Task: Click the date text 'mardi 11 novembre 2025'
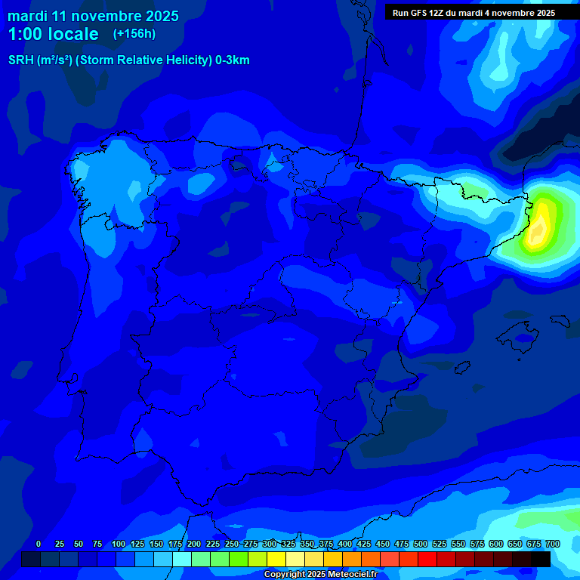(x=93, y=16)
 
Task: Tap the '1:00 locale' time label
(x=53, y=34)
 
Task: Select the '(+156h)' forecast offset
(x=134, y=34)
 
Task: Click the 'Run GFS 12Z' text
(x=418, y=13)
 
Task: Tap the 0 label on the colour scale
(x=39, y=544)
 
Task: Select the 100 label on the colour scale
(x=118, y=544)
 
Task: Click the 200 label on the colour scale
(x=193, y=544)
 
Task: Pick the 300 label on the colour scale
(x=269, y=544)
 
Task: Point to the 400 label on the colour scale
(x=344, y=544)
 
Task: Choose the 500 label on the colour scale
(x=420, y=544)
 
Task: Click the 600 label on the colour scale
(x=495, y=544)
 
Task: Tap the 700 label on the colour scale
(x=552, y=544)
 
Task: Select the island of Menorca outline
(x=560, y=319)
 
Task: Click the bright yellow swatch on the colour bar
(x=276, y=559)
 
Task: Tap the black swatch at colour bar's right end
(x=541, y=559)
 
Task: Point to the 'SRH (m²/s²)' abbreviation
(x=40, y=60)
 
